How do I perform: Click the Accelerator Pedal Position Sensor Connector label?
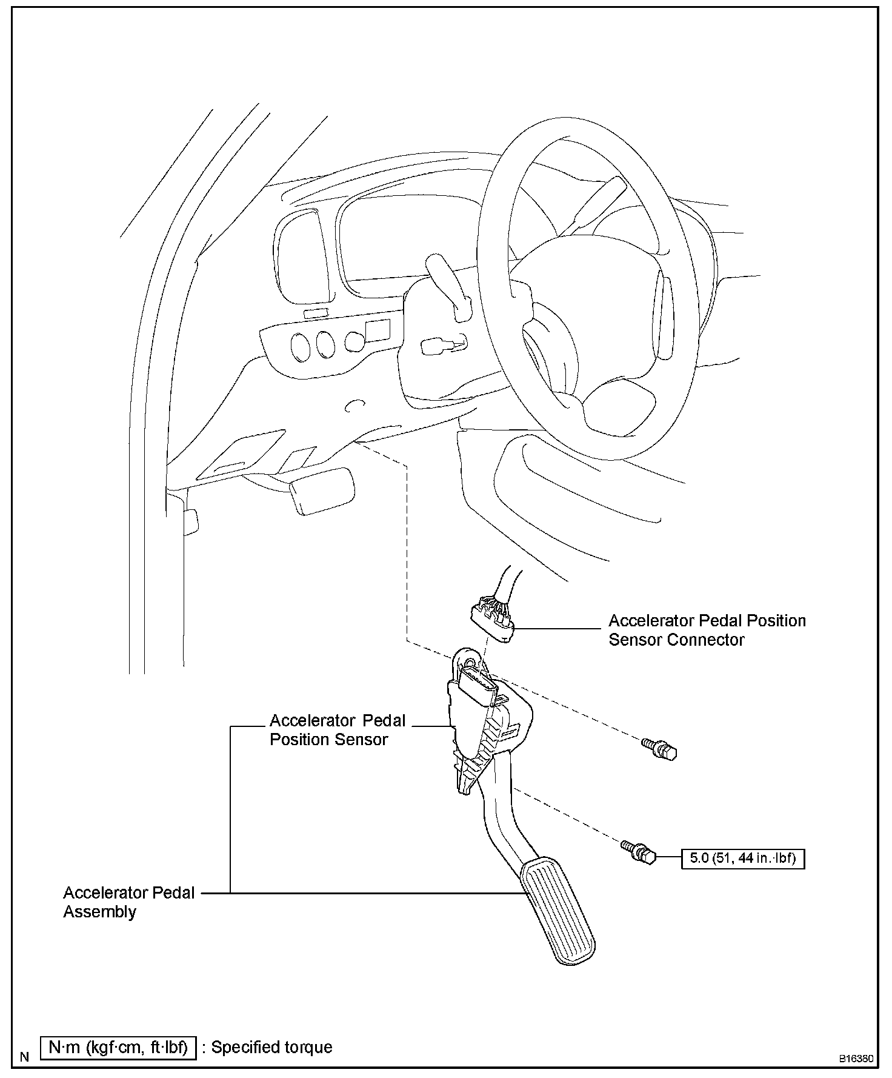coord(707,630)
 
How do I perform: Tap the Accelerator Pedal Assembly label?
coord(129,902)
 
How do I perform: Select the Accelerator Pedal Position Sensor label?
coord(338,730)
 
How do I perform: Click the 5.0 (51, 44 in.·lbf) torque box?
coord(743,858)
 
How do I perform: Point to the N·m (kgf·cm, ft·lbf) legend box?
coord(118,1047)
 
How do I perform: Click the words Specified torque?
coord(271,1047)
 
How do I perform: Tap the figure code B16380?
coord(856,1059)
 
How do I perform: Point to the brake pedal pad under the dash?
coord(322,490)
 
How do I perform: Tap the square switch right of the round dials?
coord(378,330)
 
